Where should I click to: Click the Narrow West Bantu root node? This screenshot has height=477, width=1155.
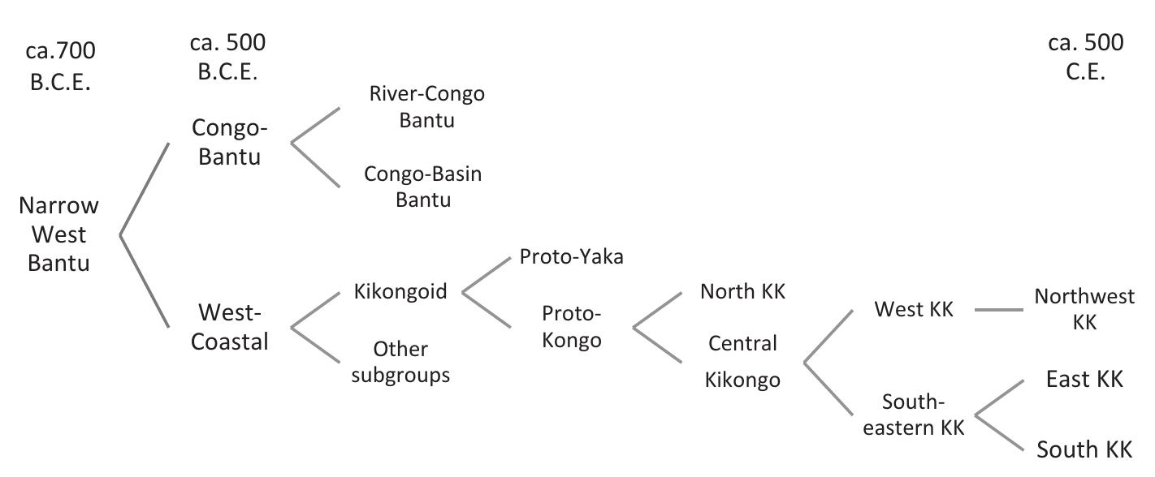58,234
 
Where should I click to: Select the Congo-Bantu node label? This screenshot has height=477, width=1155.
230,142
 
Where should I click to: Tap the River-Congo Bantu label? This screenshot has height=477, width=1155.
426,106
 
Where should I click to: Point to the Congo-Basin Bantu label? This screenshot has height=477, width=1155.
422,187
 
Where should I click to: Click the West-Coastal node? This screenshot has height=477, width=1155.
230,327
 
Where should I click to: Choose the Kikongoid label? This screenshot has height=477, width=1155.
400,292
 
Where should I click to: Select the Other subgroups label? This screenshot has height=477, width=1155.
400,362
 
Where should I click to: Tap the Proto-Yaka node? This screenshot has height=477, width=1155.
571,257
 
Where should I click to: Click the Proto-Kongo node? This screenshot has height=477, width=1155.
572,326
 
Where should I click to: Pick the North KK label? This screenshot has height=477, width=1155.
742,292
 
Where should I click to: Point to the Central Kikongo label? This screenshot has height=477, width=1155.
742,361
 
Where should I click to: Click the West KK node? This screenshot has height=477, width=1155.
913,309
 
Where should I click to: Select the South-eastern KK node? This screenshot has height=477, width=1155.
914,415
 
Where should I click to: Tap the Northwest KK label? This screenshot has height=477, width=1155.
1084,309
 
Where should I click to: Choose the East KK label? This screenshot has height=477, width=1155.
1084,379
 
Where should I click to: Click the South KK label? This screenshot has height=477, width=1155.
1084,449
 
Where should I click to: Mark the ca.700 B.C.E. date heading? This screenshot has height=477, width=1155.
60,67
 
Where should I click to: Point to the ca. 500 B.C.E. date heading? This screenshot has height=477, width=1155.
227,57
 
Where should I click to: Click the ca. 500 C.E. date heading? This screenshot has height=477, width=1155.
1085,57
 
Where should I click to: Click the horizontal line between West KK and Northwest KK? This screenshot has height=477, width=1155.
999,310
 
